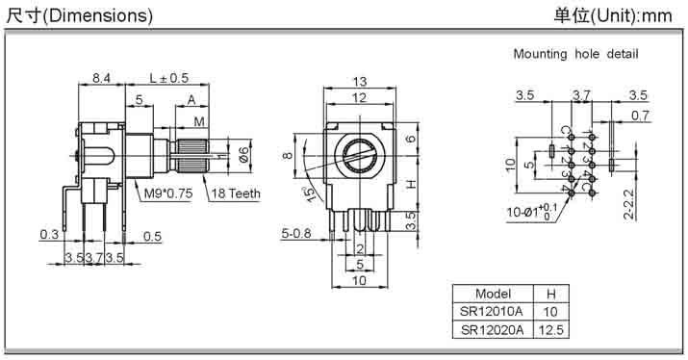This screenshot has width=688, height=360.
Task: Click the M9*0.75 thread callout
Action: [168, 193]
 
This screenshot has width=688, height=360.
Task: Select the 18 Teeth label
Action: [236, 193]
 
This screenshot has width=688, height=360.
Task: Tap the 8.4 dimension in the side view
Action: [101, 78]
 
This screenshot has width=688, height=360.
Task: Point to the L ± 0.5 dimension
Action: [169, 78]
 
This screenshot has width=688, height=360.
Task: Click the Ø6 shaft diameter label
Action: [243, 155]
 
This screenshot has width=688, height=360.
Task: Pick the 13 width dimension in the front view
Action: [359, 82]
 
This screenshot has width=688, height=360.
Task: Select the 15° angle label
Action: [311, 193]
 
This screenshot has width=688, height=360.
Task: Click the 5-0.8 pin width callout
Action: [296, 233]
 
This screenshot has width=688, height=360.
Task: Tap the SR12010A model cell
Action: [492, 312]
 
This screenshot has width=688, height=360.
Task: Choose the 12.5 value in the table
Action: [550, 330]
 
